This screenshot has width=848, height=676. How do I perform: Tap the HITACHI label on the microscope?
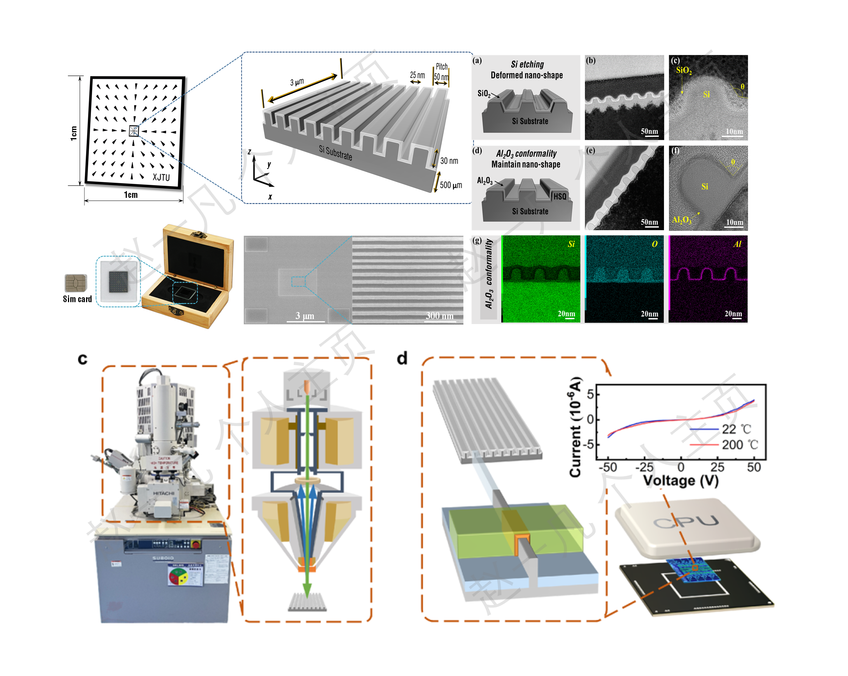click(x=164, y=493)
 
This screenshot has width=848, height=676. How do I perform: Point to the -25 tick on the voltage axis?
click(x=644, y=467)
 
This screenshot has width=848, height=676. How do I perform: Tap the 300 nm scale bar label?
click(x=439, y=316)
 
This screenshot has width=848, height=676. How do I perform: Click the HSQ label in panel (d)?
click(x=560, y=196)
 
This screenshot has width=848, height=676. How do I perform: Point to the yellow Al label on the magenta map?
click(x=737, y=244)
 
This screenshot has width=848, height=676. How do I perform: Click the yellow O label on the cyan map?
click(x=654, y=244)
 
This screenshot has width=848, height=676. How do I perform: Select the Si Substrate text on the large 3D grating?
click(x=336, y=153)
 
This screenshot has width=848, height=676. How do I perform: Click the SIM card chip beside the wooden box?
click(x=76, y=283)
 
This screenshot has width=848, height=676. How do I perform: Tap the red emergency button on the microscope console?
click(x=195, y=544)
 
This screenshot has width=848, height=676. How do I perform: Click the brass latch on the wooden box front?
click(x=176, y=311)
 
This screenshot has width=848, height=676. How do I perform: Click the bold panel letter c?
click(x=83, y=359)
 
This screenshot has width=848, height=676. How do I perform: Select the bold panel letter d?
click(x=402, y=358)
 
